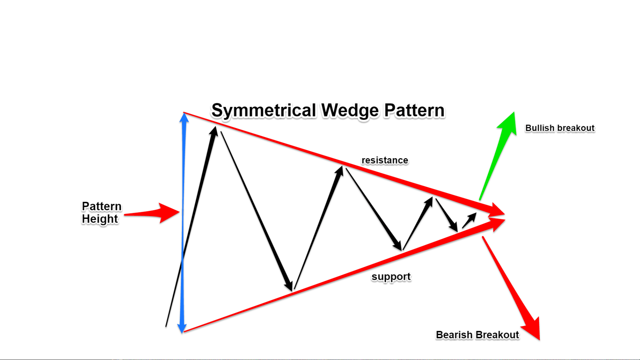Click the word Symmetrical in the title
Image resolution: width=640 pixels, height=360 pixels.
[264, 111]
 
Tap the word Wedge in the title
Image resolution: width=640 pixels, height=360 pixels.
[350, 111]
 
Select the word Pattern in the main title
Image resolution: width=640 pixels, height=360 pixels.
[414, 110]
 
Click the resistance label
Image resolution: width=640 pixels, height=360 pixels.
[385, 160]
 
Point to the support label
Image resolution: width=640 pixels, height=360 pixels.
[391, 277]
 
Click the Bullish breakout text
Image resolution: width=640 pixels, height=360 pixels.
[560, 128]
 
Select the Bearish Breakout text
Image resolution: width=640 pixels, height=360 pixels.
[477, 335]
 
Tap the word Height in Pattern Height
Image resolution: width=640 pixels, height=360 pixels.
[100, 219]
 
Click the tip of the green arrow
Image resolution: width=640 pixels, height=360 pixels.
[514, 112]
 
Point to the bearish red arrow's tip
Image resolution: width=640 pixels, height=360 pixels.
[539, 340]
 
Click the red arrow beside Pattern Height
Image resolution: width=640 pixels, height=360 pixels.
[152, 213]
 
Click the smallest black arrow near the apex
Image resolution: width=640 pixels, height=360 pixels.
[469, 220]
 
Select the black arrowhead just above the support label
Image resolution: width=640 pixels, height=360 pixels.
[398, 246]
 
